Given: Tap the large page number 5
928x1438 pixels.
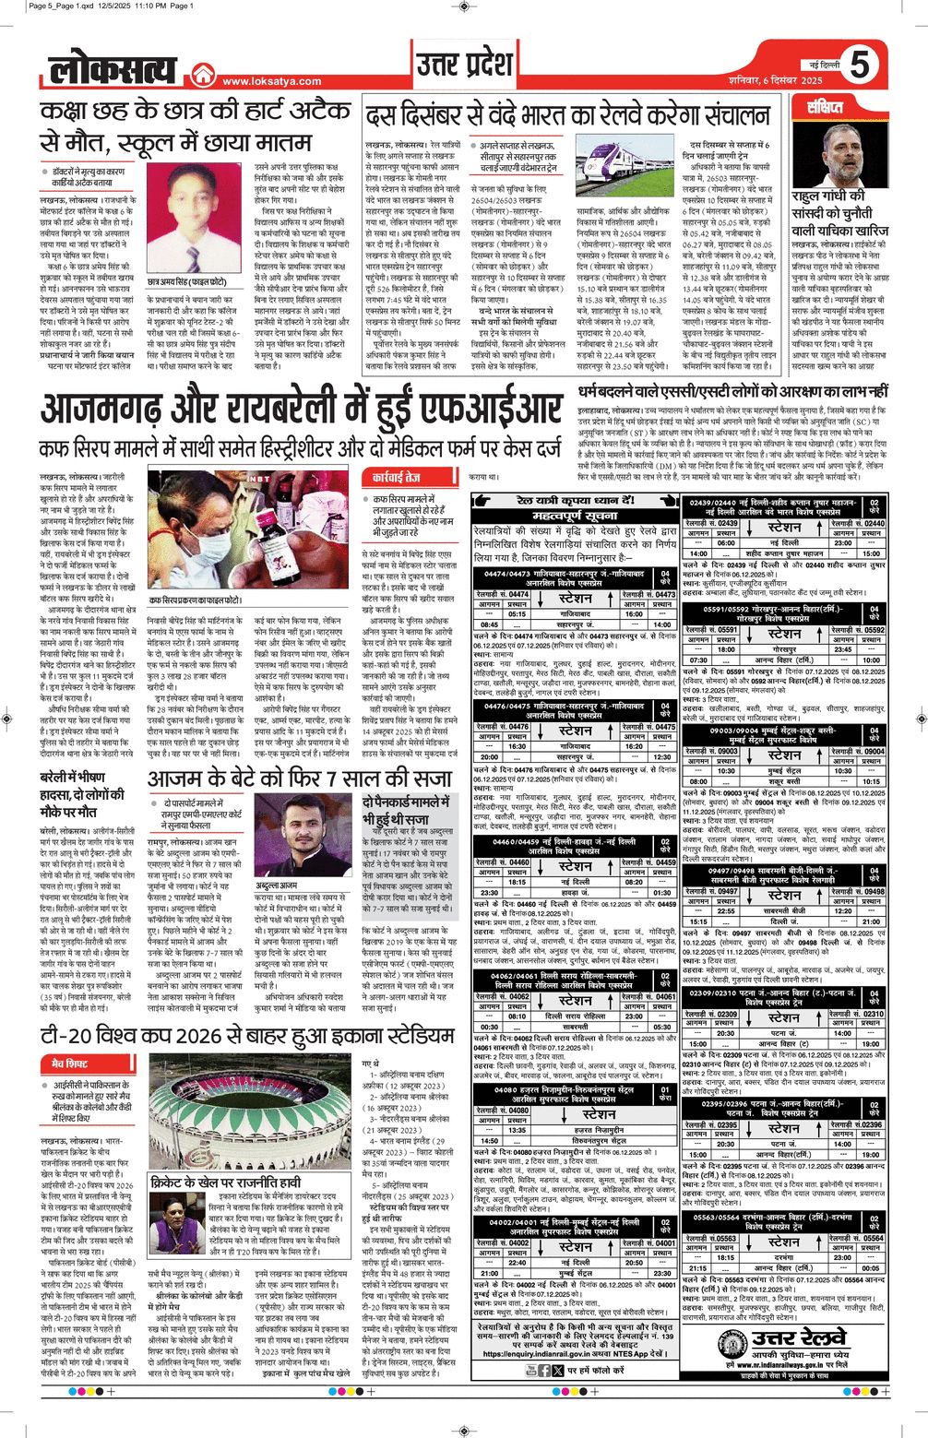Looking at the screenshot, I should pyautogui.click(x=860, y=65).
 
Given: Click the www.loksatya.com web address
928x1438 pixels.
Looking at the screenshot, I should pyautogui.click(x=271, y=81).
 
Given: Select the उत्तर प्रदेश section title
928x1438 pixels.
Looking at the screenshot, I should pyautogui.click(x=464, y=66).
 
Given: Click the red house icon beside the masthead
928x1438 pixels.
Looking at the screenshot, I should pyautogui.click(x=202, y=78).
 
